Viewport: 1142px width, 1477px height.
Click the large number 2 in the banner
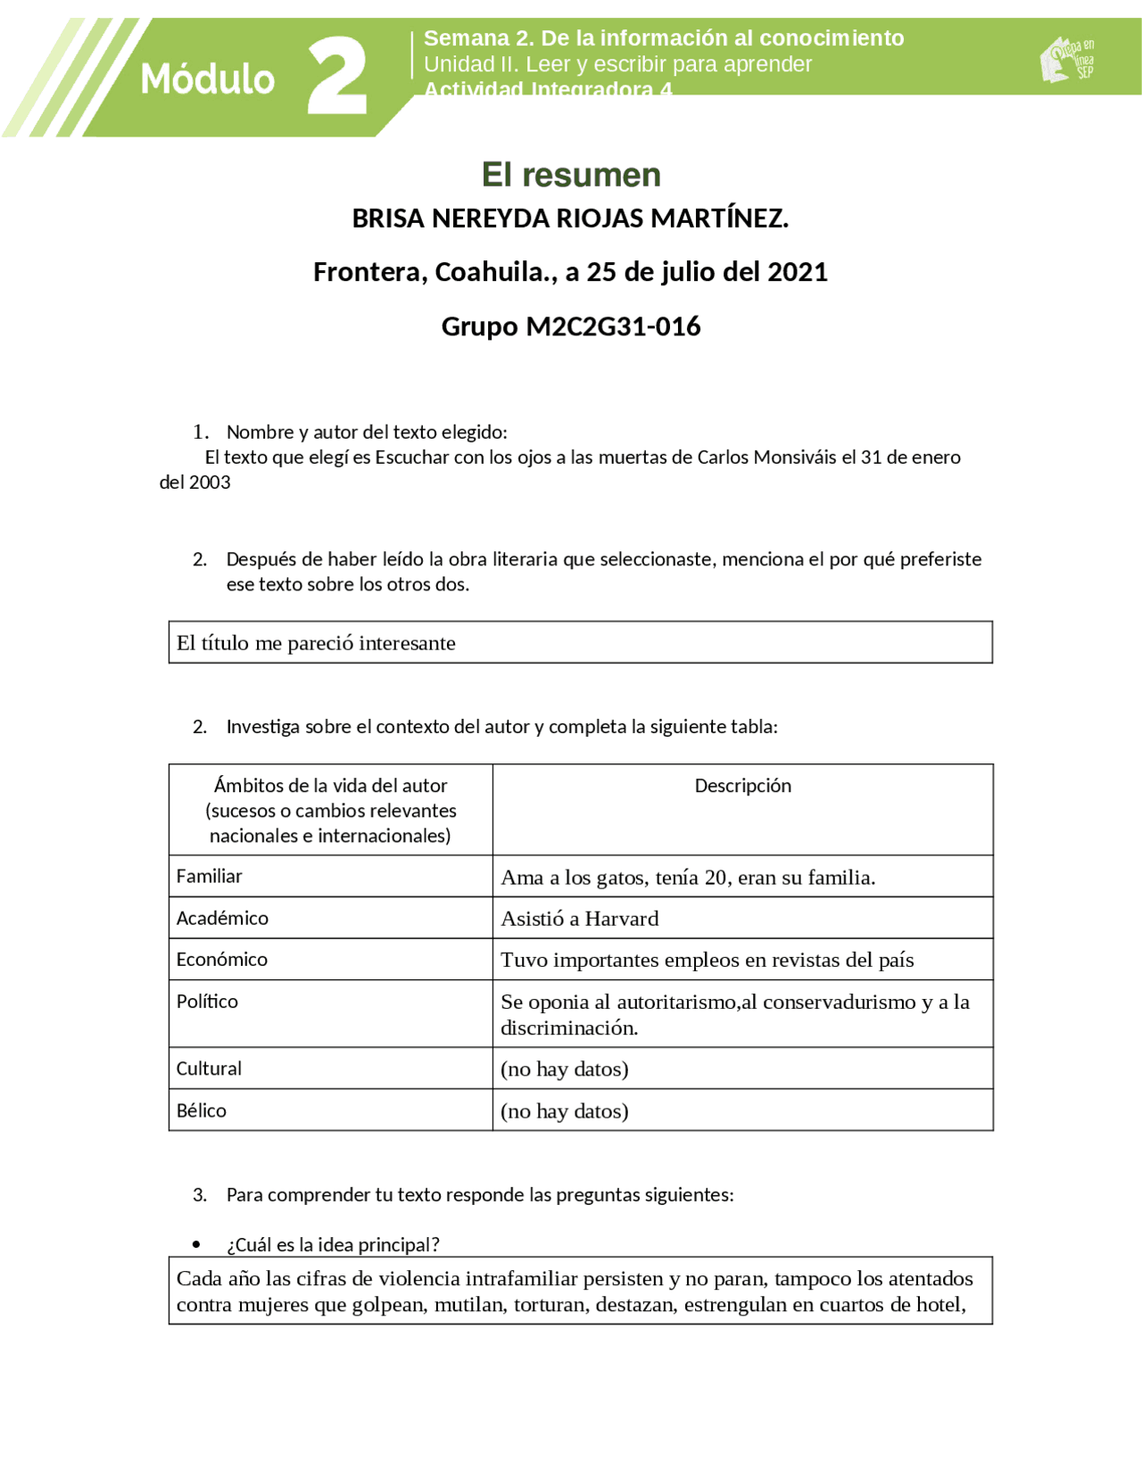pos(337,77)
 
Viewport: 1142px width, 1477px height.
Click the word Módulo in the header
pos(207,79)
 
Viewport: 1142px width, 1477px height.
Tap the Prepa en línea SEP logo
pos(1067,60)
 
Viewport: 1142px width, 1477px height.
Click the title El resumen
pos(571,175)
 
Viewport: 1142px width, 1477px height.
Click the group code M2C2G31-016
pos(613,326)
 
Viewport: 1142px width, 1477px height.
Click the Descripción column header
pos(742,786)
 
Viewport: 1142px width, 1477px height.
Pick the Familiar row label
pos(209,877)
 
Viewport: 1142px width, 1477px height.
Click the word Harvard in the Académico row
pos(622,919)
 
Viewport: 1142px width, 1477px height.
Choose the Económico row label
pos(221,960)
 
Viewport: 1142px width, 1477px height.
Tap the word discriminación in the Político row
pos(568,1028)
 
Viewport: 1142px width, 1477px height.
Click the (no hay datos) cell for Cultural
pos(564,1069)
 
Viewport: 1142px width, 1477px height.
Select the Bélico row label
pos(201,1111)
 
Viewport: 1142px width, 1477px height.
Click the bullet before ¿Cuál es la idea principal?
pos(196,1245)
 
